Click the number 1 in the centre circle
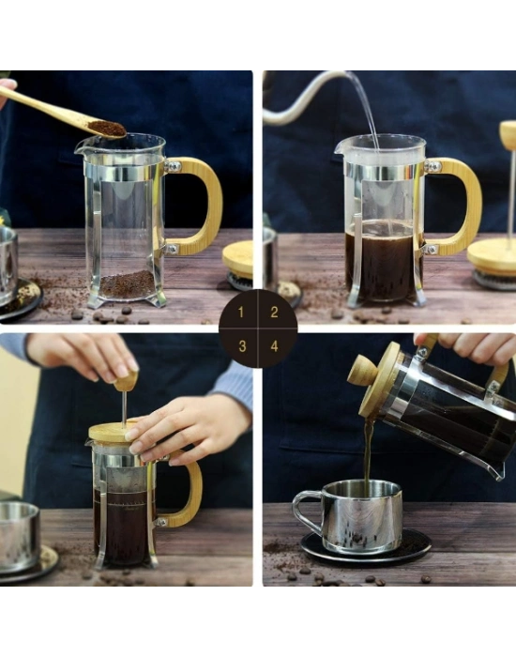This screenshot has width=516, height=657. [x=241, y=313]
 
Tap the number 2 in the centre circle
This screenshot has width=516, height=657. [x=274, y=313]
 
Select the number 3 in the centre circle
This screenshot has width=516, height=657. [x=241, y=345]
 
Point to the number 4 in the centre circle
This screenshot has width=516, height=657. [x=274, y=345]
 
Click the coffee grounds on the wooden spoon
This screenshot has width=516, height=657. [x=106, y=128]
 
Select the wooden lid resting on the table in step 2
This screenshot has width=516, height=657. [x=493, y=255]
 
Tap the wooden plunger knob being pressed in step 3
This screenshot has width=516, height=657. [x=125, y=381]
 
